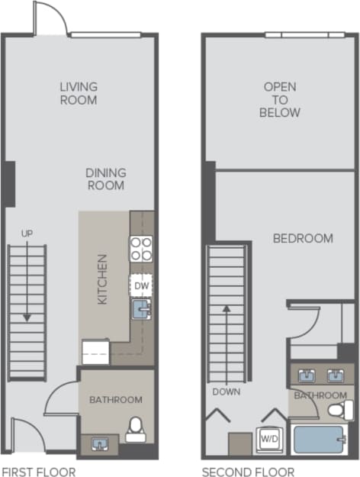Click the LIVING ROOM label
click(x=79, y=93)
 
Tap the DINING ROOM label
click(x=105, y=179)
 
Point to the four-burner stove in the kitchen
click(x=141, y=250)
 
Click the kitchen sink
click(x=142, y=308)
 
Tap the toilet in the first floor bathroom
click(x=137, y=429)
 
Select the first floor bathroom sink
click(x=100, y=443)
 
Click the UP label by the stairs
click(x=27, y=233)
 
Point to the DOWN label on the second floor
click(x=227, y=392)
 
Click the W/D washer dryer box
click(x=269, y=440)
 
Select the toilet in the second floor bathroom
click(x=337, y=411)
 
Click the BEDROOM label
click(x=303, y=238)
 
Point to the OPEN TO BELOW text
click(x=280, y=99)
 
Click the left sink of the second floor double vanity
click(x=307, y=375)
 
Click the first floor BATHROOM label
click(x=115, y=399)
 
